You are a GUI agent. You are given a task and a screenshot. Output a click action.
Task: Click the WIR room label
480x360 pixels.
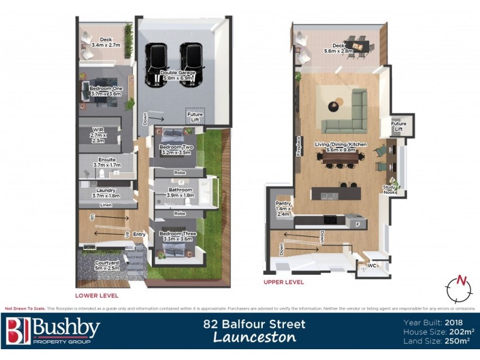[x=97, y=136]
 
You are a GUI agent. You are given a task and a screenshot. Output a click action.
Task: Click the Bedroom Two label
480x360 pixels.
[x=175, y=150]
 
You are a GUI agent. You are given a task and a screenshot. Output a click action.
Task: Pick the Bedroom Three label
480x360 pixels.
[x=177, y=236]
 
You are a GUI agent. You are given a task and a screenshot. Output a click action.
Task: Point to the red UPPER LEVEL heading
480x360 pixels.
[x=284, y=282]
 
